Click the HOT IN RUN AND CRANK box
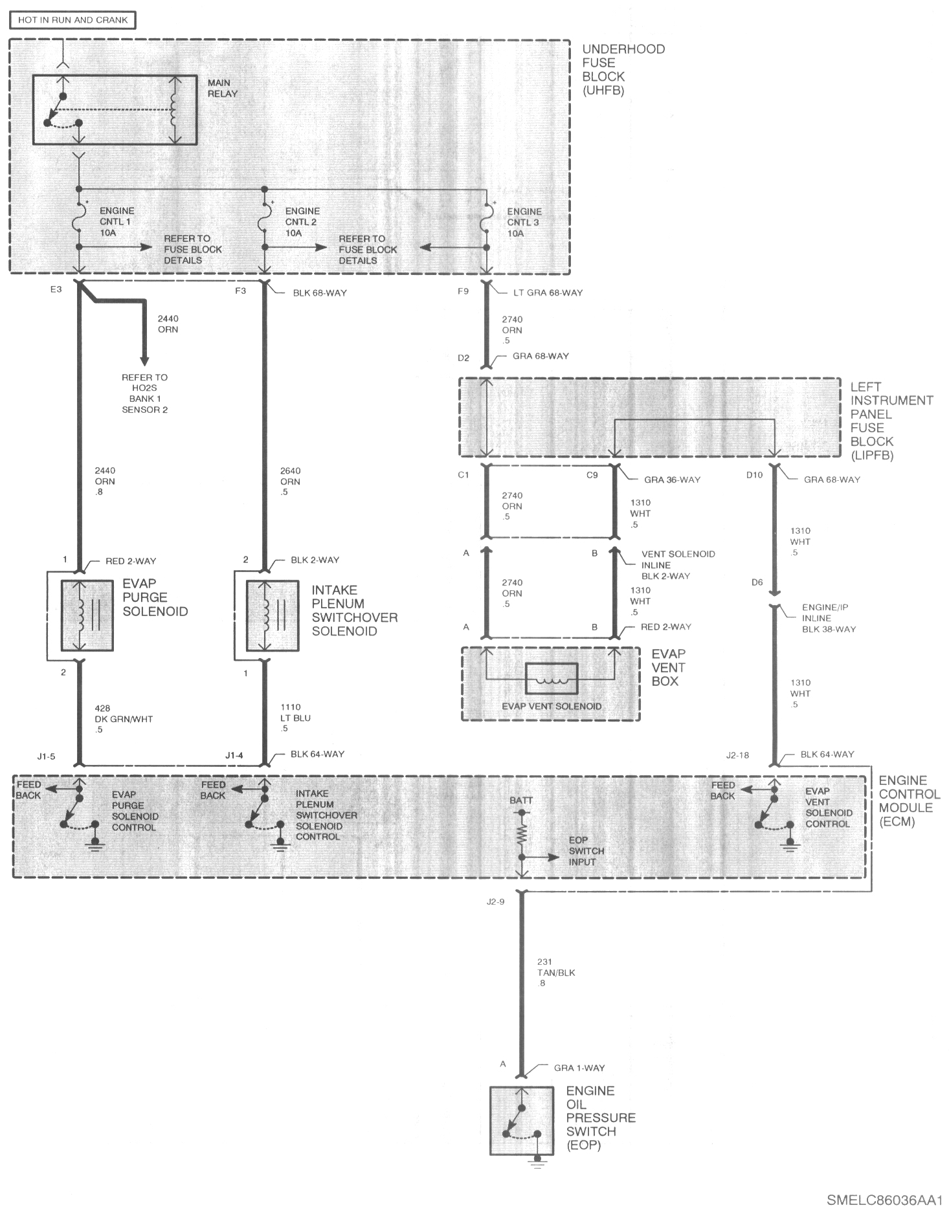[73, 20]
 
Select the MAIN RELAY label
[223, 88]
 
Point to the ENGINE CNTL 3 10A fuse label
[524, 222]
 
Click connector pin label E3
[56, 289]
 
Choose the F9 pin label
[463, 291]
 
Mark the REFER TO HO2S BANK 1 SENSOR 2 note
[144, 393]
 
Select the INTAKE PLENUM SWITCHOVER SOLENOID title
[355, 610]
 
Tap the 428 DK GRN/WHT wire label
[124, 718]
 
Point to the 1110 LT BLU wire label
[295, 718]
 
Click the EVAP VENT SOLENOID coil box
[551, 679]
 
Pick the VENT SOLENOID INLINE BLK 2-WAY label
[678, 565]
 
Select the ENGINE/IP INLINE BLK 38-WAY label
[829, 618]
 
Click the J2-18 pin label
[737, 755]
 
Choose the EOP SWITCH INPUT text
[586, 850]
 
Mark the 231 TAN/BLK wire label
[556, 973]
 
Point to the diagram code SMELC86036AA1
[884, 1199]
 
